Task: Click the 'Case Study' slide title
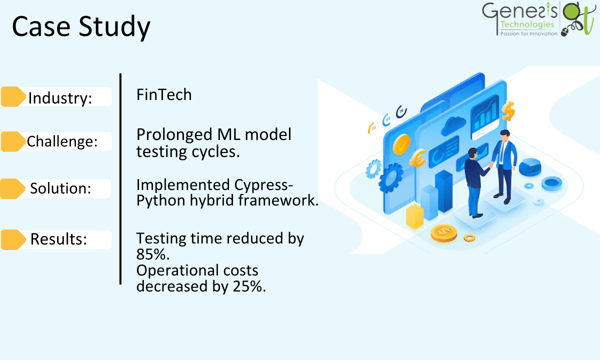[81, 27]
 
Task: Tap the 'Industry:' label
[60, 98]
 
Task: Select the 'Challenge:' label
[62, 141]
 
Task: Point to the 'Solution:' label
[60, 188]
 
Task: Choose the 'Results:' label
[58, 238]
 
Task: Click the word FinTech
[164, 94]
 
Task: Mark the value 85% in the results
[153, 254]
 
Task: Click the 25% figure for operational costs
[249, 286]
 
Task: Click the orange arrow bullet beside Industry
[13, 96]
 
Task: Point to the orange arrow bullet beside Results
[13, 239]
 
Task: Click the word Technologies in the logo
[527, 24]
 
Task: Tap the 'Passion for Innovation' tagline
[529, 34]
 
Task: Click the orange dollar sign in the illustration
[508, 110]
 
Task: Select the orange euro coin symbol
[417, 158]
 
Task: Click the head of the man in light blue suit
[504, 135]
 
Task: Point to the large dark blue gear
[391, 178]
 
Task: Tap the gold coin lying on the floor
[444, 233]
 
